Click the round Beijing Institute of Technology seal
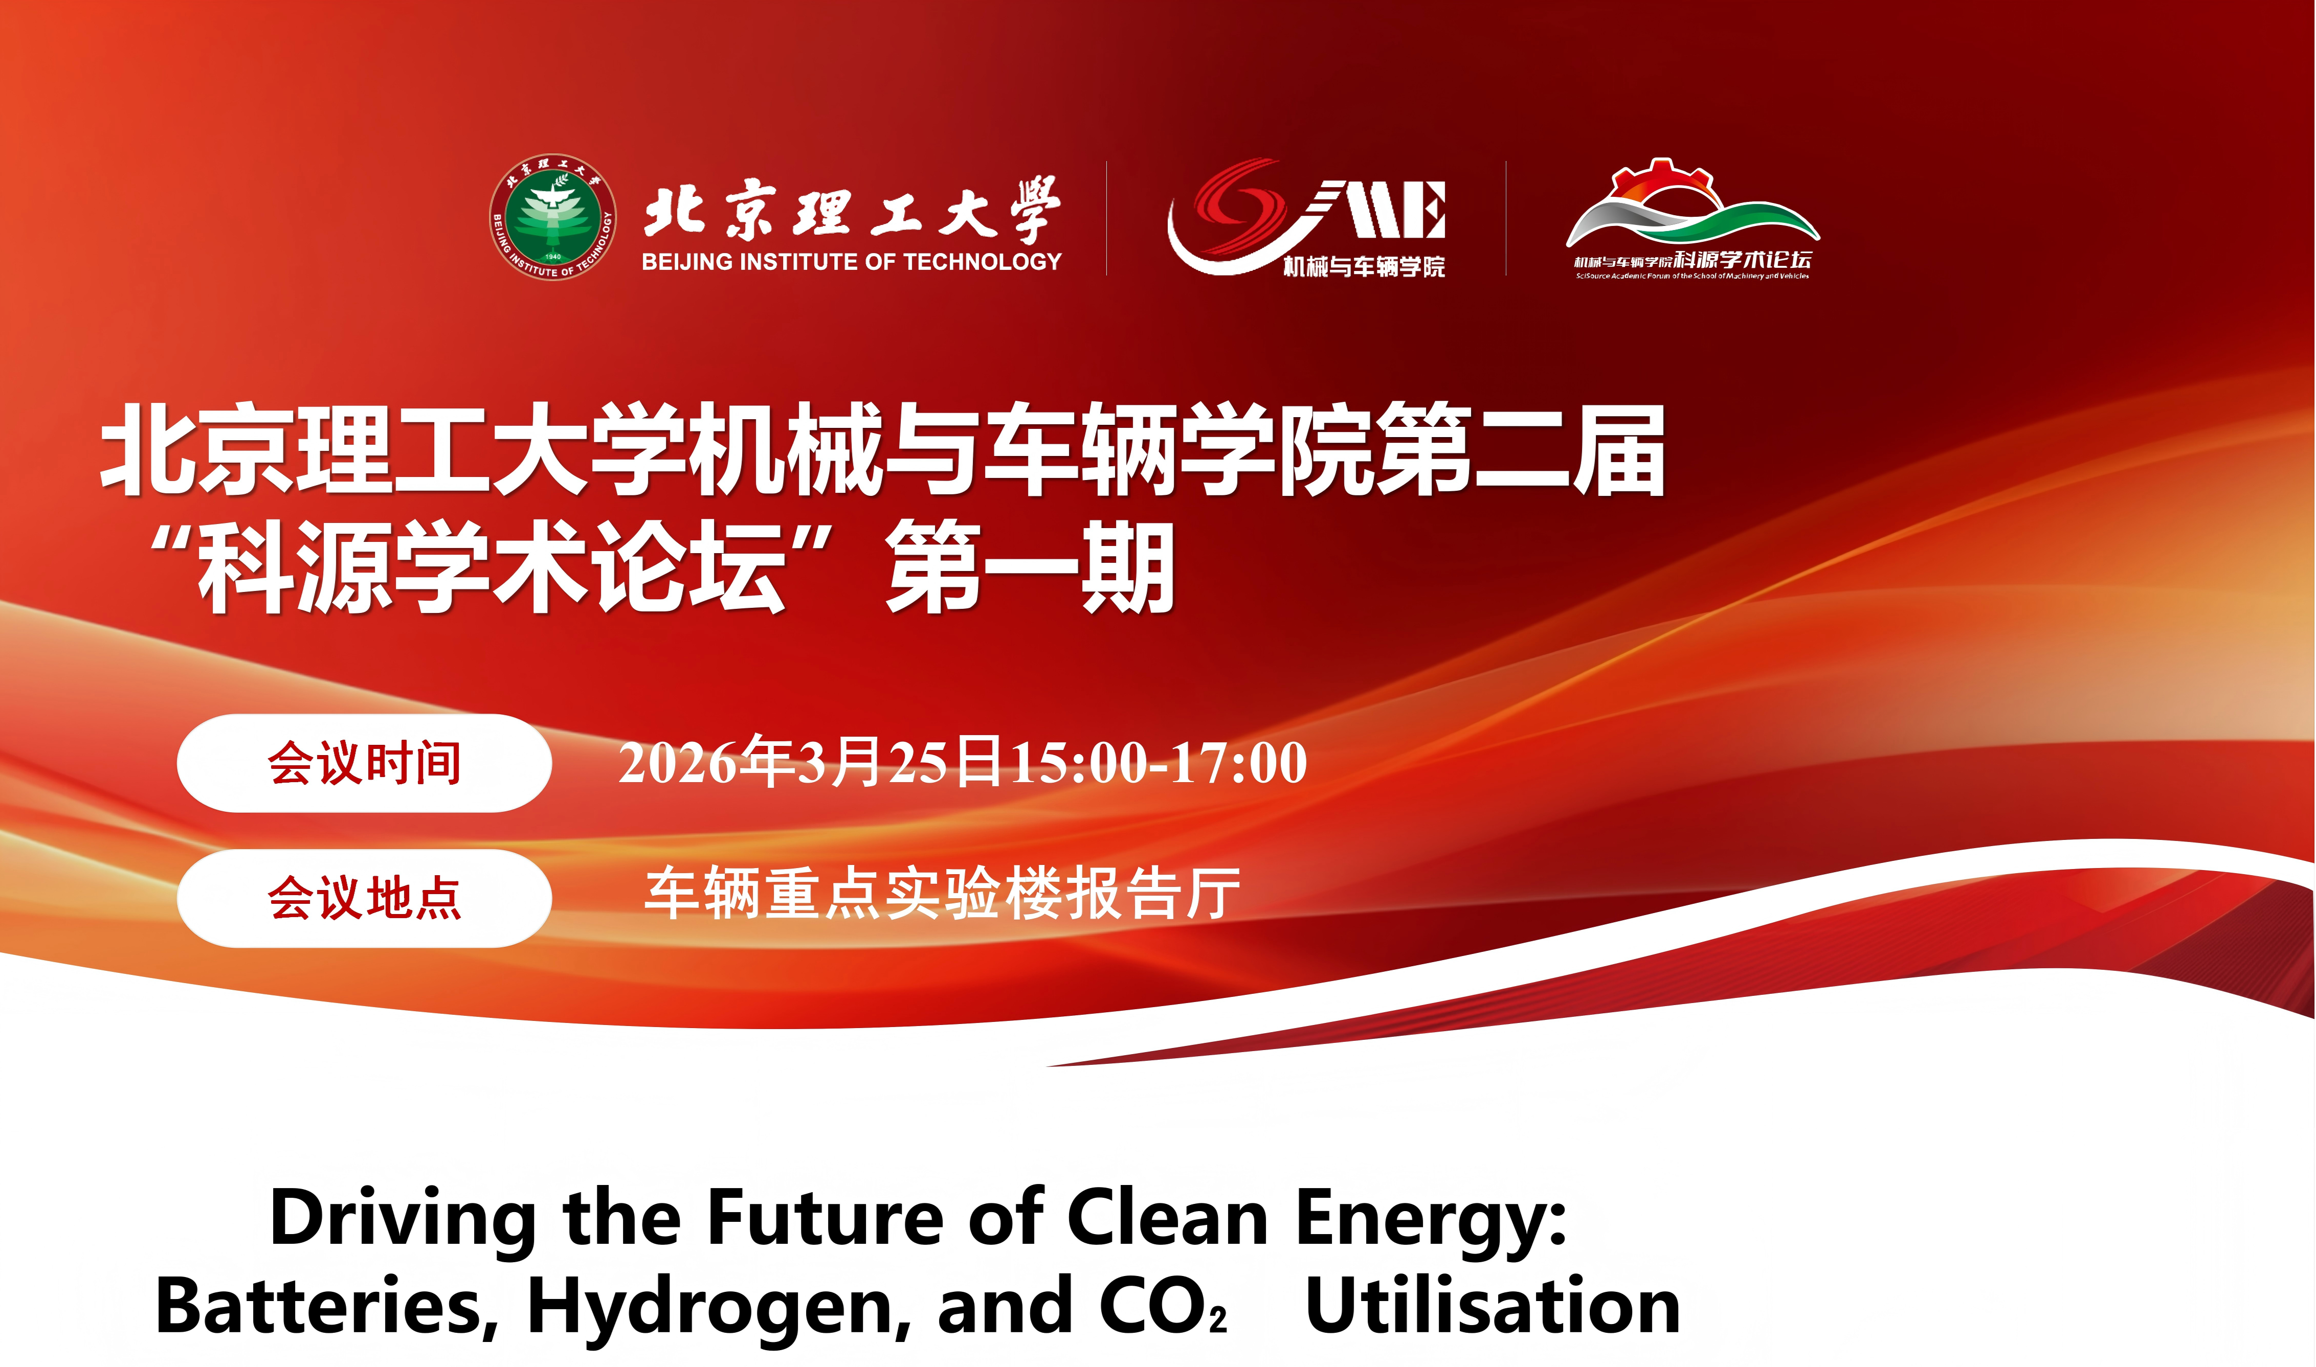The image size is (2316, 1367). pyautogui.click(x=553, y=217)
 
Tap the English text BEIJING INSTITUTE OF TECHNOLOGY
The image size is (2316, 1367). pyautogui.click(x=852, y=262)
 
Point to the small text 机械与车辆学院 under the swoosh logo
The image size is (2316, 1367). pyautogui.click(x=1364, y=267)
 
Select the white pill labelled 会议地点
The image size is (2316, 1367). pyautogui.click(x=364, y=898)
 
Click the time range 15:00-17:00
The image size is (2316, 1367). pyautogui.click(x=1160, y=763)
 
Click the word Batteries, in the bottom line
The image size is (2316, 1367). pyautogui.click(x=328, y=1306)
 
